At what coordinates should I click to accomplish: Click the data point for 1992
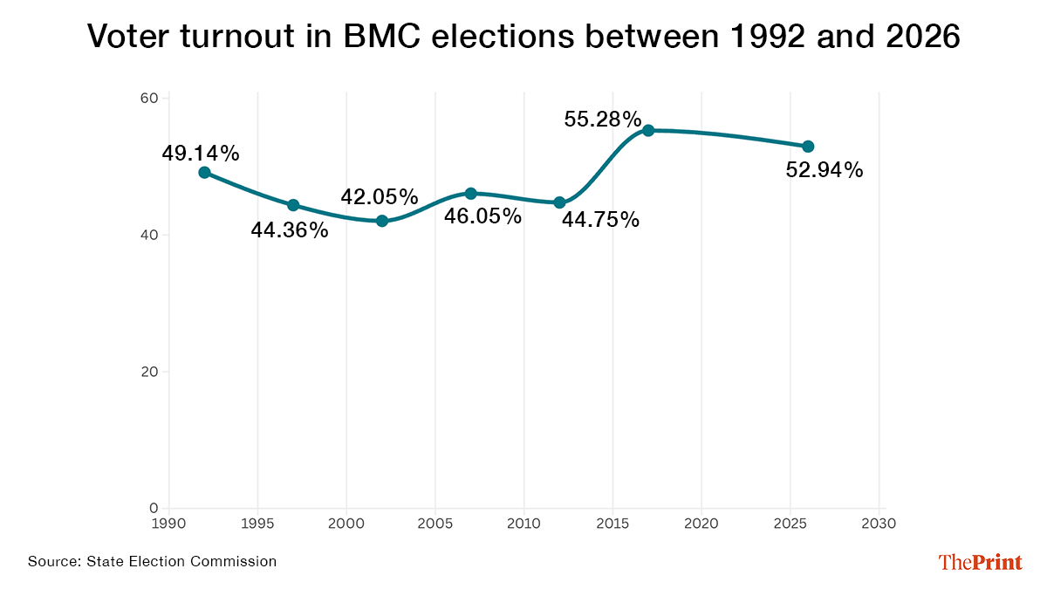(204, 173)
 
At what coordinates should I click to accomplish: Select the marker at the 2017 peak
(648, 130)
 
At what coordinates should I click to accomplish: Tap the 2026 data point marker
(808, 147)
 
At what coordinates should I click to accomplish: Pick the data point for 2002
(382, 221)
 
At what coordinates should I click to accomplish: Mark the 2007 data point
(470, 193)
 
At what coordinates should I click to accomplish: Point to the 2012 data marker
(559, 202)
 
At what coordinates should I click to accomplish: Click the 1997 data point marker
(293, 205)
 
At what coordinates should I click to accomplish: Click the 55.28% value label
(603, 120)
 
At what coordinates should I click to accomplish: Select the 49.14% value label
(201, 154)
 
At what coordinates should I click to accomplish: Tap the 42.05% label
(380, 197)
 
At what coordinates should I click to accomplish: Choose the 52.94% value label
(825, 170)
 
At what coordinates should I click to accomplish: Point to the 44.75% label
(600, 220)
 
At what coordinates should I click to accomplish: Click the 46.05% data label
(482, 216)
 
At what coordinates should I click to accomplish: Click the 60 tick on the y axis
(148, 99)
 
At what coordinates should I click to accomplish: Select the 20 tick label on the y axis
(148, 372)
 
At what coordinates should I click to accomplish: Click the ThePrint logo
(980, 563)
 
